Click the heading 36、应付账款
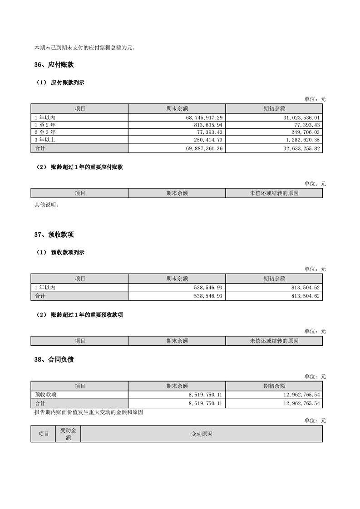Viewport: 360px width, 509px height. click(54, 65)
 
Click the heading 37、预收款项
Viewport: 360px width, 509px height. click(54, 235)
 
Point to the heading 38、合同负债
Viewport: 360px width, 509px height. click(54, 360)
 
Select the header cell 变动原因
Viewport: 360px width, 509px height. click(202, 434)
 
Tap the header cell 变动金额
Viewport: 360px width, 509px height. click(68, 434)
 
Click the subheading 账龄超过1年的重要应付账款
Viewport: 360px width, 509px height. click(87, 167)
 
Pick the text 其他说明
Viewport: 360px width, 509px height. click(47, 205)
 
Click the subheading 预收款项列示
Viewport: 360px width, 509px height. click(68, 252)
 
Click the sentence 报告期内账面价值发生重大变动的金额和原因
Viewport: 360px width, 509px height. click(89, 412)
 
